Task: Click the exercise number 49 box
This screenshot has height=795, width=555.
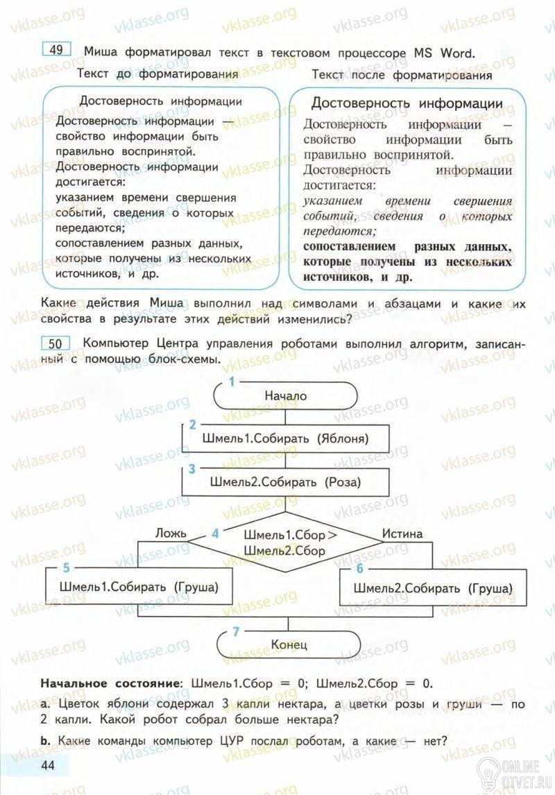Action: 57,49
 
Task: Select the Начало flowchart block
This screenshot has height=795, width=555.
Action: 285,395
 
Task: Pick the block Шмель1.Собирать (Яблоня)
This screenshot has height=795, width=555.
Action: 285,438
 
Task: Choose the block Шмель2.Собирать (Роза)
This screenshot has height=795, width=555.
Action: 285,481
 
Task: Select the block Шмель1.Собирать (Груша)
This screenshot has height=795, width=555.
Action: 139,587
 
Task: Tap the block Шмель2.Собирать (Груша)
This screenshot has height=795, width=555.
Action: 433,588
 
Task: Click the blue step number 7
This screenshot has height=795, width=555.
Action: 237,631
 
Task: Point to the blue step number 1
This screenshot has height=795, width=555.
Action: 232,382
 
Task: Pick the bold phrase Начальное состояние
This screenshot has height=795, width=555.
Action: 110,683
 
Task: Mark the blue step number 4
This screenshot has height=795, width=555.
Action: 215,533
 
